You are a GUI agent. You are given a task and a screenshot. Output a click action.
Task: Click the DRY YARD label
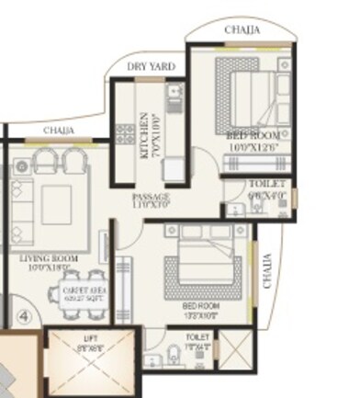152,67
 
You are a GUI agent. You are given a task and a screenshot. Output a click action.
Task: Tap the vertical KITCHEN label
144,136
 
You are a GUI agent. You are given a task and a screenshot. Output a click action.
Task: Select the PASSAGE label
150,199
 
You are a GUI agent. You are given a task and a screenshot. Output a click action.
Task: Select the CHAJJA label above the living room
58,131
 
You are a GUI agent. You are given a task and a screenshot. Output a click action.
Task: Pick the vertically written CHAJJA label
268,272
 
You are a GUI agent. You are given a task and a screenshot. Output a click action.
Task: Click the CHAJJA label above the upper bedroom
242,30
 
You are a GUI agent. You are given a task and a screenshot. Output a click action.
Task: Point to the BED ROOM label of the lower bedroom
199,307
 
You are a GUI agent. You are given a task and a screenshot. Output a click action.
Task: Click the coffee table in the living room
54,199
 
